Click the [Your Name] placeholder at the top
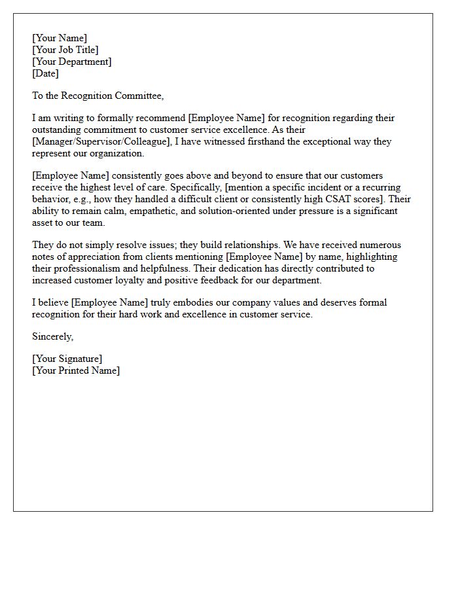60,38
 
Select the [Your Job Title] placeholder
65,50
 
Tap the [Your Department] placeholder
72,62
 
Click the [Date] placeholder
46,73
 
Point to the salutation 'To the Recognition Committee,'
97,96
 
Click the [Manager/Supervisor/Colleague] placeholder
101,141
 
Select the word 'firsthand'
249,141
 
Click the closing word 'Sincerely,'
53,336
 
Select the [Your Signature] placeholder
67,359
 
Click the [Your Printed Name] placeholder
76,370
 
